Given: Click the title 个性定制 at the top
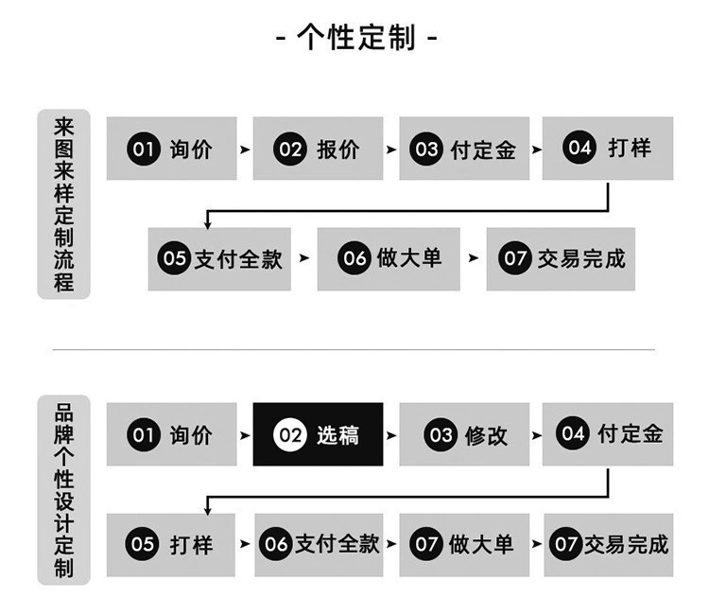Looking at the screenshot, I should [x=355, y=39].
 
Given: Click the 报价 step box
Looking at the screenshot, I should [x=318, y=149].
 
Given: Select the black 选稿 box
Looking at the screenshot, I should [x=318, y=434].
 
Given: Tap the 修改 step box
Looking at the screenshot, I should [x=464, y=434].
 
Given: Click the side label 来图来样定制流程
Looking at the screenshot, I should [x=63, y=203].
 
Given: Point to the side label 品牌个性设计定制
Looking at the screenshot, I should [x=63, y=489].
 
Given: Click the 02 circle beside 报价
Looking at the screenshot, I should [x=290, y=149].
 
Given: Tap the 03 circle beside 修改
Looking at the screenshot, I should [x=441, y=435].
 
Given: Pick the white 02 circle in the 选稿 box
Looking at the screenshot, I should [x=290, y=435].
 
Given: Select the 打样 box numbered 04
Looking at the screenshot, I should [x=608, y=149].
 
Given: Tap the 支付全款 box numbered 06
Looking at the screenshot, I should [x=319, y=543].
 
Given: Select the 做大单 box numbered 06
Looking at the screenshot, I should [x=389, y=258].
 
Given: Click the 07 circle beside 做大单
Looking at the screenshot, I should [x=426, y=544].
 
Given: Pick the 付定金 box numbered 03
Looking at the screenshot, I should [x=464, y=149].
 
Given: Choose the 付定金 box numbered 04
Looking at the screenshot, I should [x=608, y=434].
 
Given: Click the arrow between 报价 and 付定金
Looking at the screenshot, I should [x=391, y=149].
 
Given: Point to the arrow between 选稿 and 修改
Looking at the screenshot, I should [x=391, y=435].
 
